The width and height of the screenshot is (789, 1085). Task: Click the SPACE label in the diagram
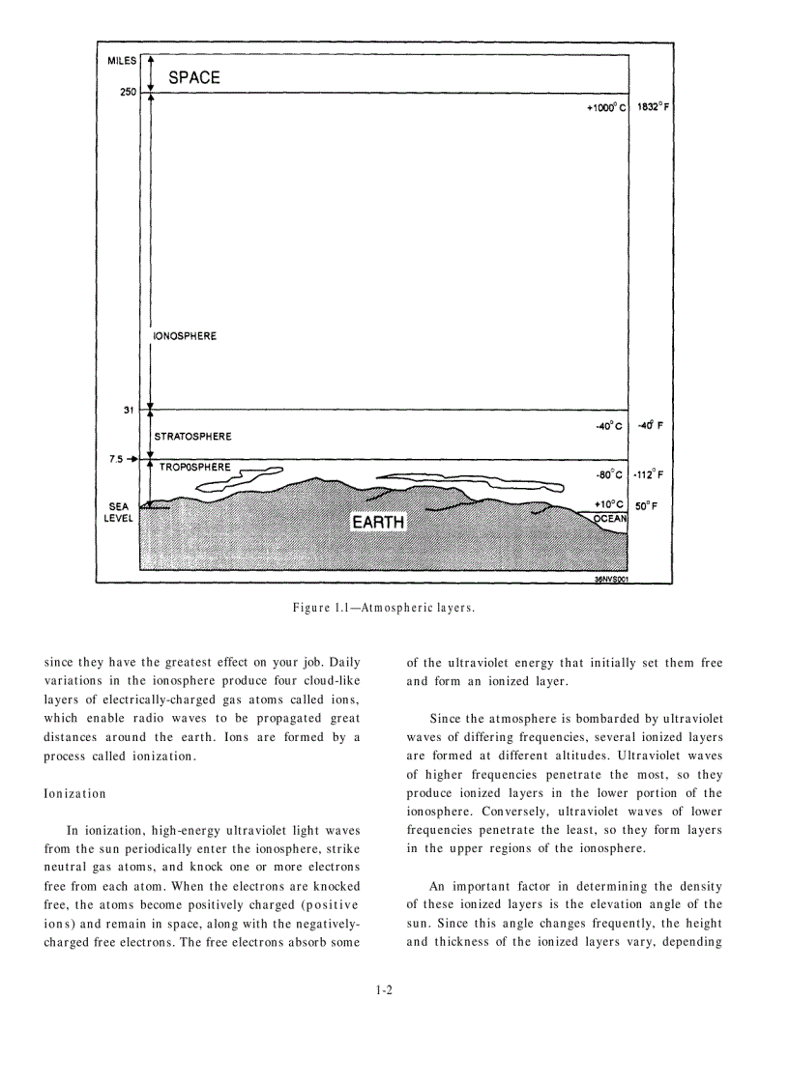(194, 77)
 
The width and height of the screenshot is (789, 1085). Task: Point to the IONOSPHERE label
(186, 336)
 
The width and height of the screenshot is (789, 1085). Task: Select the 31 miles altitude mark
(129, 410)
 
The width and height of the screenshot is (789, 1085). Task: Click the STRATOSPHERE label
(193, 437)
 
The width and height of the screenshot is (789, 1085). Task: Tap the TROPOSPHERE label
(195, 468)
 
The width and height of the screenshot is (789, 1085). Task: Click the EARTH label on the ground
(378, 523)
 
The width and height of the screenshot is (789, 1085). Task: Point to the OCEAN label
(610, 519)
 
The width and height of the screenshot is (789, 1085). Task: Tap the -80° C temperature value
(610, 474)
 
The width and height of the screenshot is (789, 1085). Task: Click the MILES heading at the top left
(122, 60)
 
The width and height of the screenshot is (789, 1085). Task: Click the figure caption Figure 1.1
(384, 608)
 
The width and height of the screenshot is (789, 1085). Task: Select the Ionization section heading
(75, 793)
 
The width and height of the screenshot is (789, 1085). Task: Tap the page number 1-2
(384, 989)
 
